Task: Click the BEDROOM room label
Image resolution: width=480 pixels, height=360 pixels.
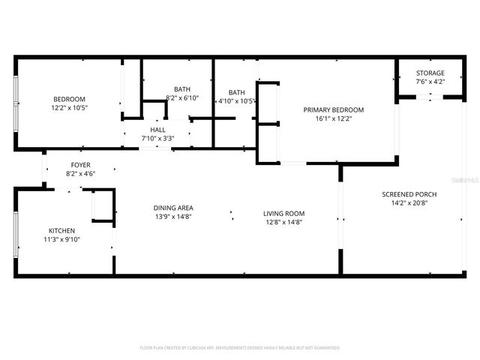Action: click(x=69, y=99)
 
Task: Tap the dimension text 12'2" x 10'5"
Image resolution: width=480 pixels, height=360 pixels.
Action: click(x=69, y=108)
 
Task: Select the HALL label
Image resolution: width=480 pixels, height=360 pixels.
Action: click(x=157, y=130)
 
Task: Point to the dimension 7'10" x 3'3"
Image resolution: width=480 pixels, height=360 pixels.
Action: click(x=157, y=139)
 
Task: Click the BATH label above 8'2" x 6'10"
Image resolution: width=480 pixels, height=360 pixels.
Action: click(x=182, y=89)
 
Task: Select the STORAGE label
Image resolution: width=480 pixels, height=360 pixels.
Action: click(x=430, y=73)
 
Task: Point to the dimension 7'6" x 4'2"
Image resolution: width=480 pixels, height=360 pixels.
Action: click(x=430, y=82)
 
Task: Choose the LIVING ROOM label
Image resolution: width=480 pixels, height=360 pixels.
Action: click(x=283, y=213)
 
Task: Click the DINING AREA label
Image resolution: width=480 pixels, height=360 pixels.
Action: click(x=173, y=208)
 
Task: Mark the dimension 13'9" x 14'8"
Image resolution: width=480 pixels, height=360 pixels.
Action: click(x=173, y=217)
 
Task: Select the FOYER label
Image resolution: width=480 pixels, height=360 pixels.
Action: click(x=81, y=165)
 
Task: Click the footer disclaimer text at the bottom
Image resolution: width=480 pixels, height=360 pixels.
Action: click(x=240, y=348)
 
